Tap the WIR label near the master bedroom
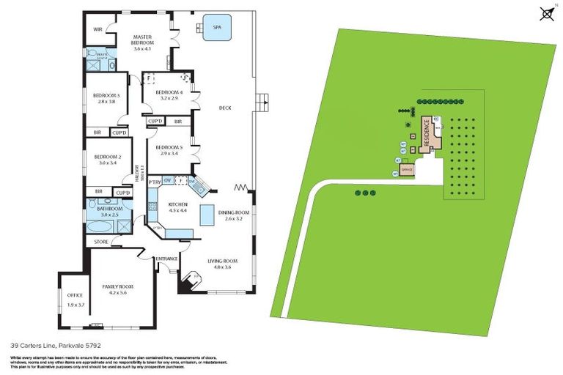97,29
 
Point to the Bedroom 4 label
164,94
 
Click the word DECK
225,108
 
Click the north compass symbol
546,12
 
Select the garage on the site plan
408,169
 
